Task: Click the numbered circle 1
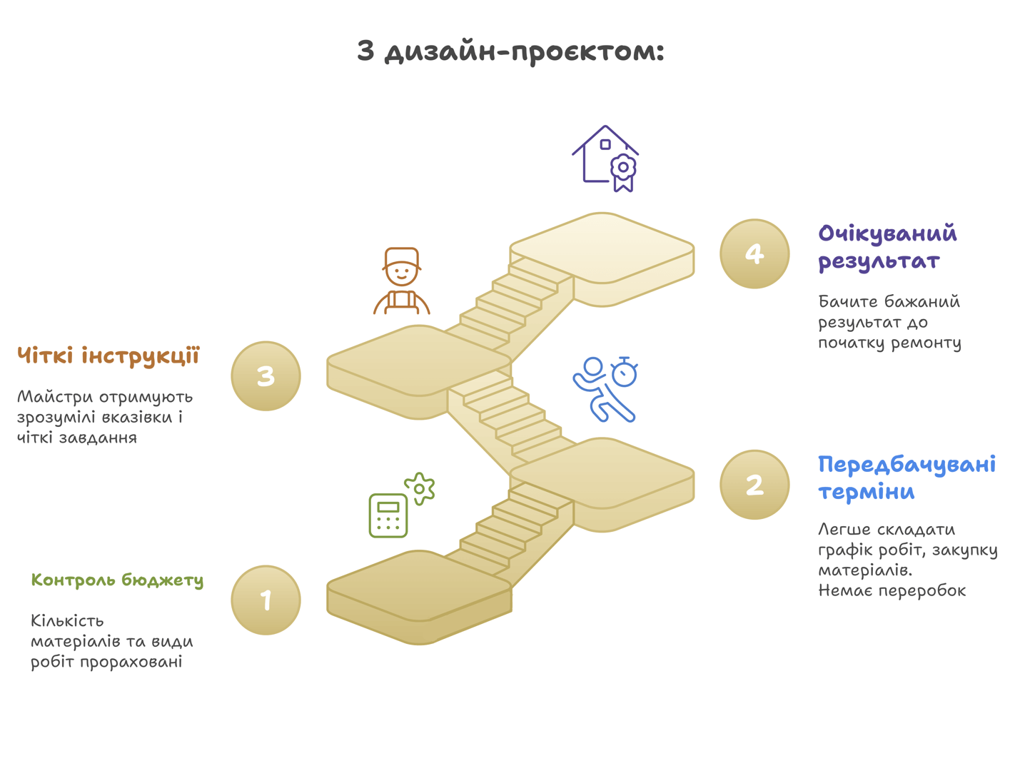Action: pos(266,600)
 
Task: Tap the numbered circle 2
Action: pos(754,485)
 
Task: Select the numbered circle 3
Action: pos(266,376)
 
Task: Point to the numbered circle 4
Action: pos(754,253)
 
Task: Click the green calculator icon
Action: pos(388,515)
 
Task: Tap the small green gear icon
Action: pos(419,488)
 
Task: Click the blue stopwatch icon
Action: pos(625,372)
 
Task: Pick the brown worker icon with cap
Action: pos(402,281)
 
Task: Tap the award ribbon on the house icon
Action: pos(623,173)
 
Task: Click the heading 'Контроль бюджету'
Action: pos(117,580)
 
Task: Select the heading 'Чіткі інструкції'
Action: pos(108,356)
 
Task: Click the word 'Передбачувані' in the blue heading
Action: pos(907,465)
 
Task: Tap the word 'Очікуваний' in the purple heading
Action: pos(888,233)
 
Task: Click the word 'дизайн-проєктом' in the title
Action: pos(524,52)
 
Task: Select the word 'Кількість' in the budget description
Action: pos(67,620)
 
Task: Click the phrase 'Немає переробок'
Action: pos(892,591)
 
